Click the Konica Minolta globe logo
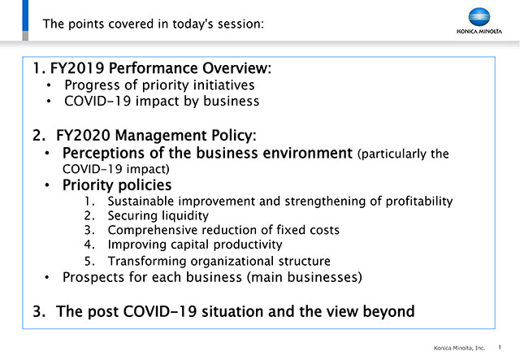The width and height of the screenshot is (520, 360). coord(479,17)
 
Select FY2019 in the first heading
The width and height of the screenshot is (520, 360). coord(77,68)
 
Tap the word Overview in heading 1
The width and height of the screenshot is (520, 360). coord(236,68)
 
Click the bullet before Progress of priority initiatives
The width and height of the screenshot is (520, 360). coord(49,85)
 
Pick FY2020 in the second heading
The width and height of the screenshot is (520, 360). coord(83,136)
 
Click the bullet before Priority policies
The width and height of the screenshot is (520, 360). coord(47,185)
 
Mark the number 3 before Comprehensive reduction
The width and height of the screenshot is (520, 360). coord(89,230)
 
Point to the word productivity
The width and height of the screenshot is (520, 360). coord(248,245)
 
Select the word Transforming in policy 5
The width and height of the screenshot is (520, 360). coord(147,262)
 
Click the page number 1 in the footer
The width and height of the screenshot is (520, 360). coord(500,347)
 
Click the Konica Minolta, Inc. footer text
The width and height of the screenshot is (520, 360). coord(459,348)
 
